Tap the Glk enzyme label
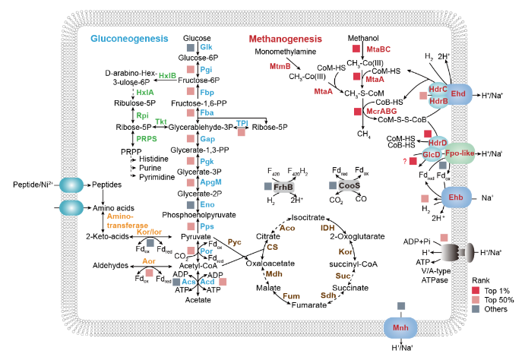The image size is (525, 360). tap(206, 47)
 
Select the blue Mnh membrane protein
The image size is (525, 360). tap(401, 328)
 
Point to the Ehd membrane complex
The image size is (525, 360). tap(458, 93)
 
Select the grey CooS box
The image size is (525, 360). tap(350, 185)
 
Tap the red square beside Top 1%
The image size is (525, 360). tap(457, 292)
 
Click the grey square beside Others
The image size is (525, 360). tap(457, 313)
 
